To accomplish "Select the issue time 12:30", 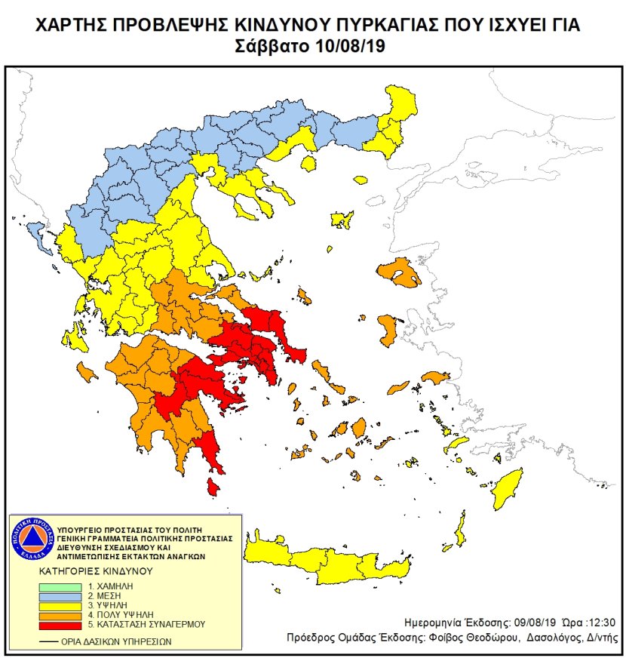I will [600, 623].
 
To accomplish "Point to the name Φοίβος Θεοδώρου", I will [479, 638].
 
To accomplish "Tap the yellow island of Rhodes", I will [508, 490].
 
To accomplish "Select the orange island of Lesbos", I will [399, 273].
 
